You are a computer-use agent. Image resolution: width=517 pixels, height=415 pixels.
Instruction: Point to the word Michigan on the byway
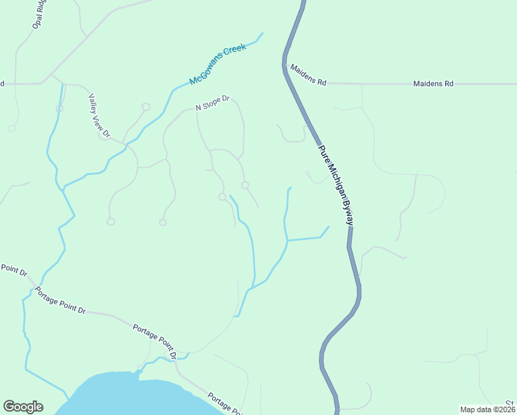coord(336,181)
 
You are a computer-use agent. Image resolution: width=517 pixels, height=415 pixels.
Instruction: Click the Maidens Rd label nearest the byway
coord(308,75)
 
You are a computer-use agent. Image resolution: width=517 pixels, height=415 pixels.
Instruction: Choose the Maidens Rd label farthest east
coord(433,84)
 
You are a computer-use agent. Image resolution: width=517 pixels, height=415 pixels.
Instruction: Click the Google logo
coord(23,407)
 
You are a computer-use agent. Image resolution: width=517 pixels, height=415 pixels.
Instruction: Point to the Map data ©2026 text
coord(487,409)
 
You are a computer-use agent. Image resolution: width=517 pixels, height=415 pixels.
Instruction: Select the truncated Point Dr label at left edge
coord(13,269)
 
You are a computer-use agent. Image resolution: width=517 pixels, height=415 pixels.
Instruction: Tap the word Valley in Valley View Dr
coord(93,103)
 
